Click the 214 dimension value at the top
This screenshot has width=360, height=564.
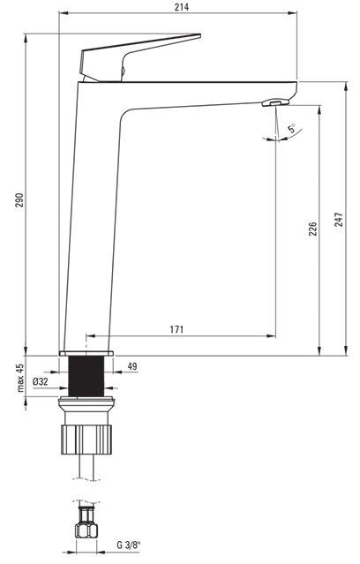[182, 7]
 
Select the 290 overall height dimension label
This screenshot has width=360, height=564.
[19, 200]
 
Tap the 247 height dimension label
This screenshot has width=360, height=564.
[339, 220]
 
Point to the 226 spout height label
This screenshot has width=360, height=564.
[313, 229]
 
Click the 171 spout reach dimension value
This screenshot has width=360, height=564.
[176, 329]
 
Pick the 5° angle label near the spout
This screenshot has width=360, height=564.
[292, 128]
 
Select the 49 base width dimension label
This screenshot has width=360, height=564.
[132, 366]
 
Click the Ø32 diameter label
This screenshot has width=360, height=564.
[41, 381]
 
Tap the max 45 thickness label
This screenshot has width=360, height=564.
[19, 377]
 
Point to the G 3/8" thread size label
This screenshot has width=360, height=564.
[129, 545]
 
